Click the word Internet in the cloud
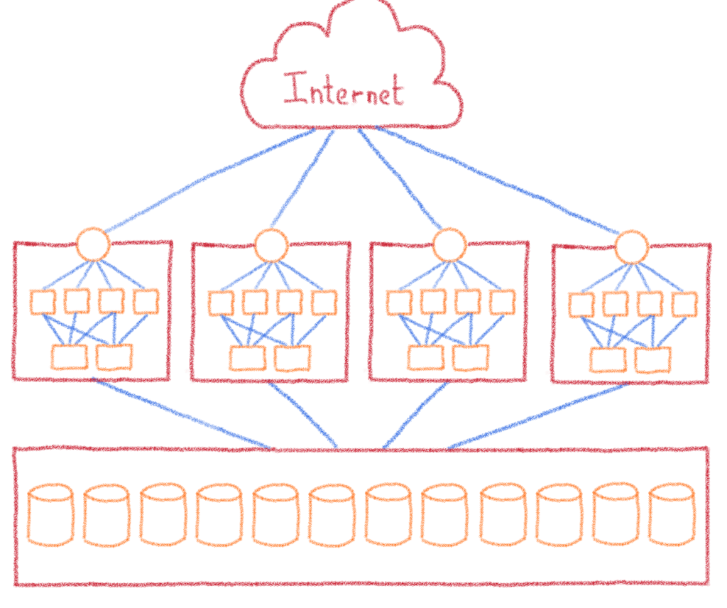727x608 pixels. coord(344,91)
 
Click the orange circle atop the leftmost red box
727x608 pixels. coord(93,244)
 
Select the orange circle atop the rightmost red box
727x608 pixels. coord(631,247)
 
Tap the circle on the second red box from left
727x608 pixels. coord(270,245)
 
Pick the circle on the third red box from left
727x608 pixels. coord(449,245)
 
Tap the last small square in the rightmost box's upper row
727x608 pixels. coord(684,304)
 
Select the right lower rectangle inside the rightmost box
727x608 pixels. coord(653,359)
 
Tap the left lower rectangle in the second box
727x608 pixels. coord(246,358)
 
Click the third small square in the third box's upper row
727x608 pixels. coord(467,303)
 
